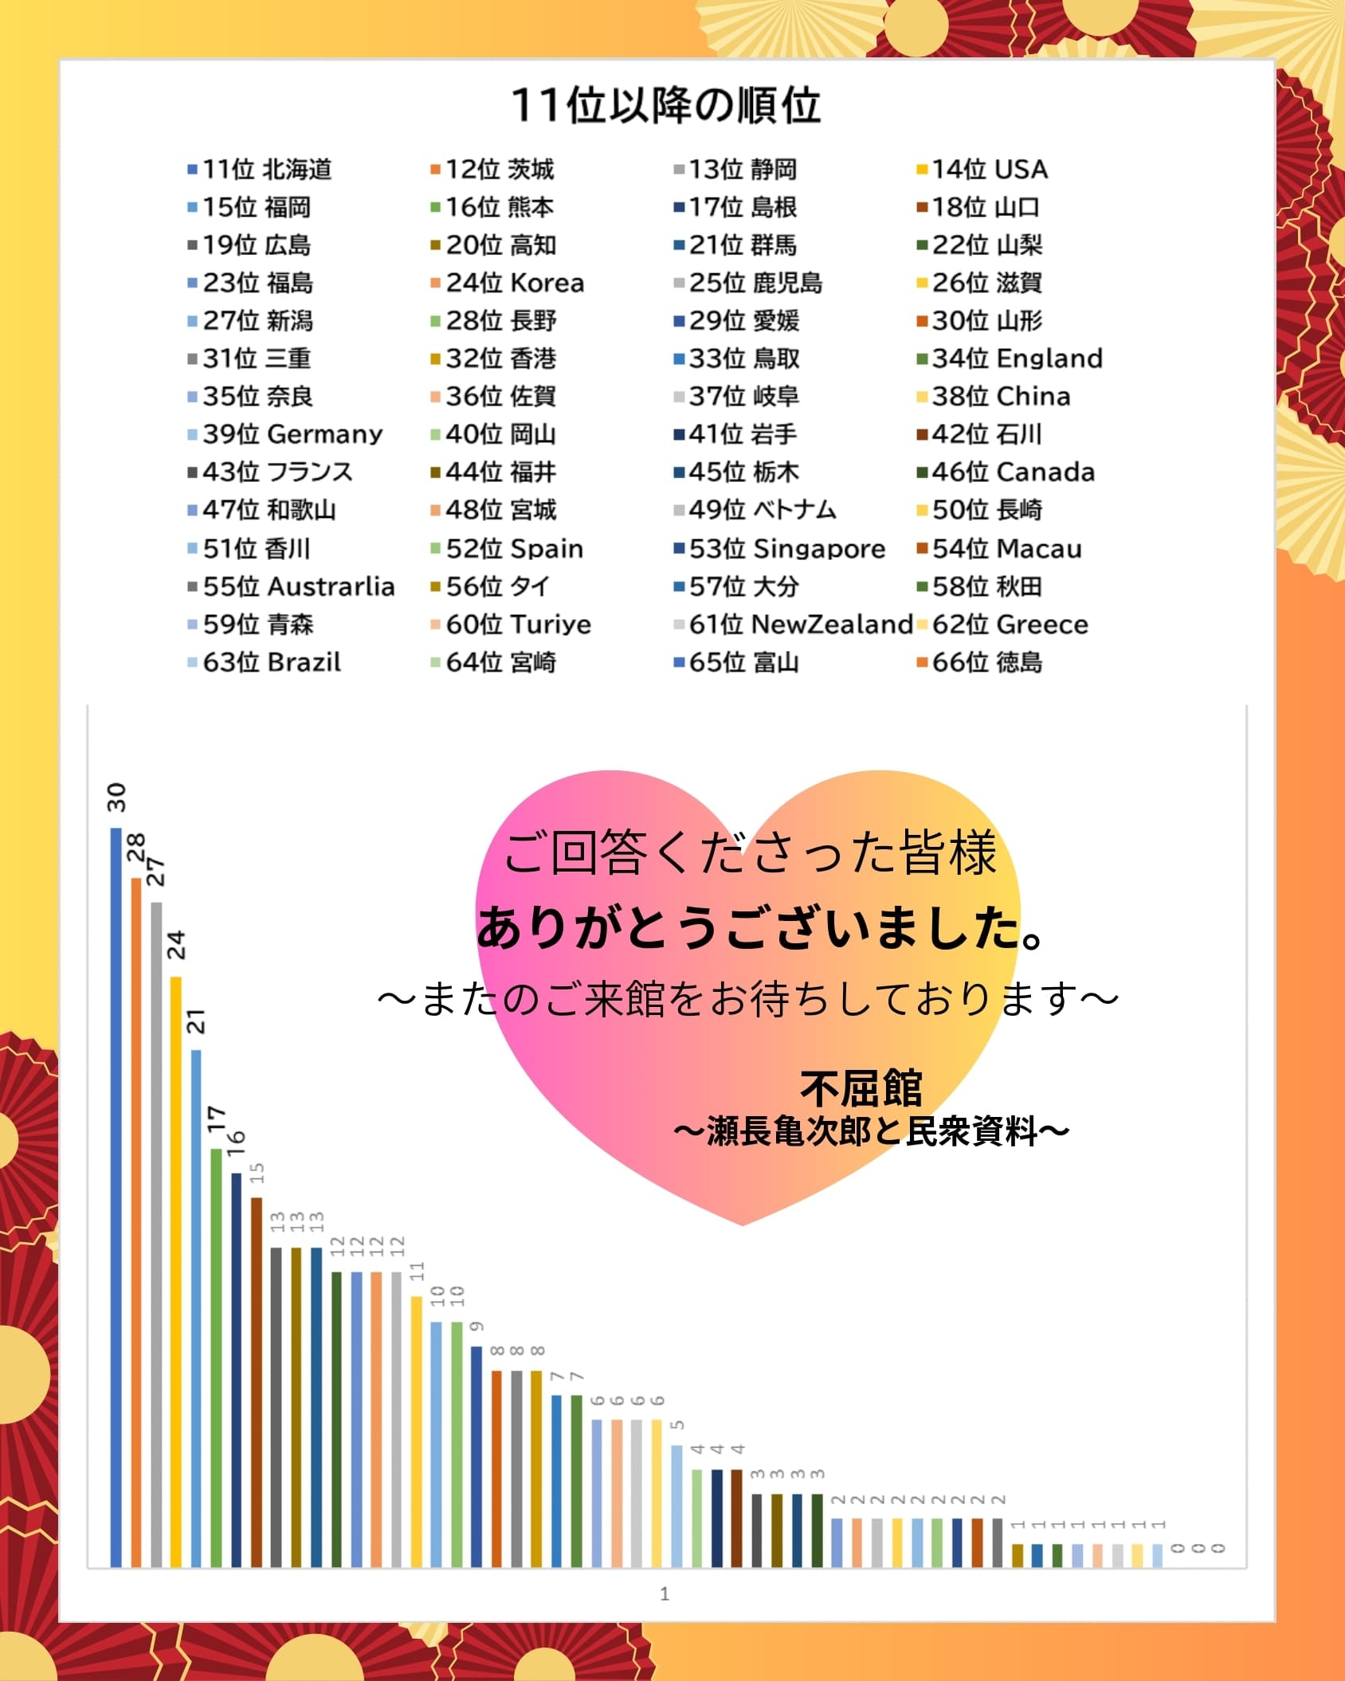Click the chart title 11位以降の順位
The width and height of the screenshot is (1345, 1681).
point(666,105)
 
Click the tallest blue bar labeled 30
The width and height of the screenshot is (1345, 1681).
point(116,1195)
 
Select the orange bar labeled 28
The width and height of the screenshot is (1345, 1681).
point(136,1219)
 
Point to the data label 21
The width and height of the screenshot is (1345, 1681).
point(196,1021)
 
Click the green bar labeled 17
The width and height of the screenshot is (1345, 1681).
point(216,1354)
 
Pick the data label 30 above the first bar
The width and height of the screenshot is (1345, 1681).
point(117,797)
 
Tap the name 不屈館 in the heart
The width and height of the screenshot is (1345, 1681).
point(861,1088)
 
